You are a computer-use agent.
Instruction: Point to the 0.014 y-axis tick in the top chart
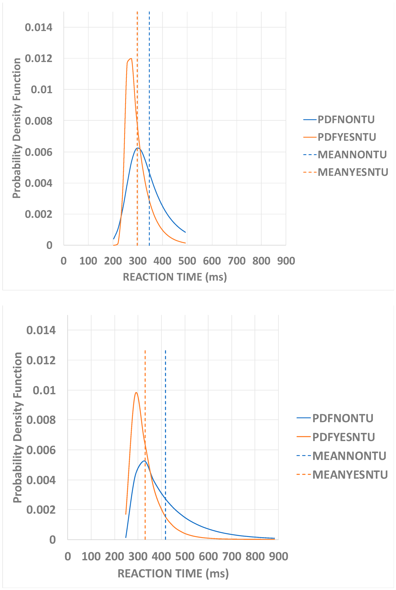tap(39, 27)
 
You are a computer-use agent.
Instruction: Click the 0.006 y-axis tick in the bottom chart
tap(41, 450)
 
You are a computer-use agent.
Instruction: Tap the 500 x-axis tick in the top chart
tap(187, 261)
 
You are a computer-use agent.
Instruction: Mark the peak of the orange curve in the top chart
tap(131, 59)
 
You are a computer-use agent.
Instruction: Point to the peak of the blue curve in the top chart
tap(138, 148)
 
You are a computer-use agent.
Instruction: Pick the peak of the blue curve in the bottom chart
tap(144, 461)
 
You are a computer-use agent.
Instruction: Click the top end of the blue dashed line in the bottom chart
tap(165, 351)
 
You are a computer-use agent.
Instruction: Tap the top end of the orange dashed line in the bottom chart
tap(145, 351)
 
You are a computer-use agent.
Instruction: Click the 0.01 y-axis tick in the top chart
tap(42, 90)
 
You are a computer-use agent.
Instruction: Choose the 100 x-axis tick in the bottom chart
tap(91, 556)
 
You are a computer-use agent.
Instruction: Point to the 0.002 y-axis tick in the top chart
tap(39, 214)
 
